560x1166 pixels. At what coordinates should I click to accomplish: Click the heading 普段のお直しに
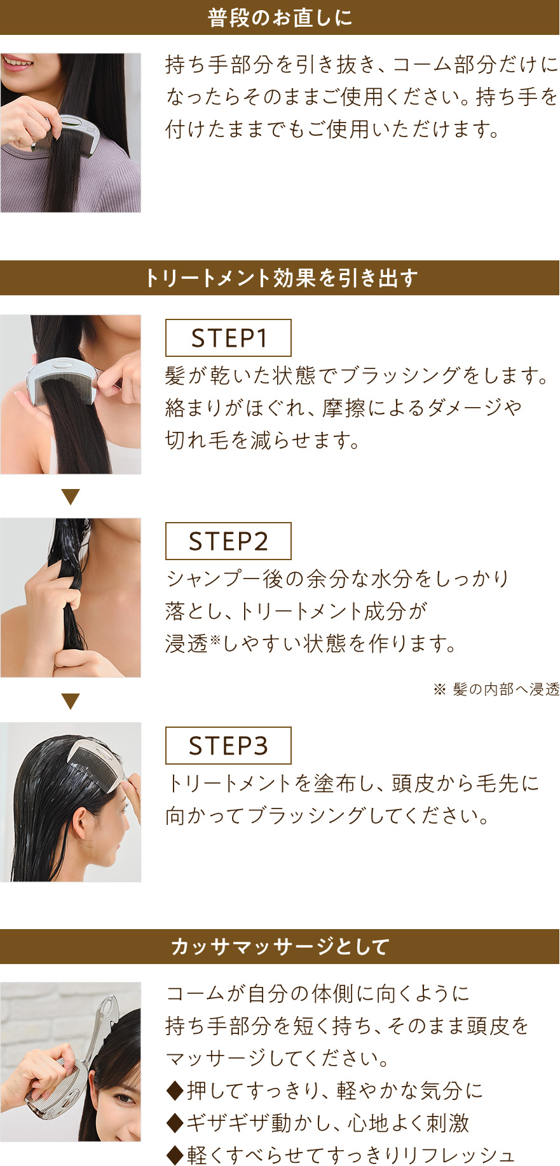click(280, 18)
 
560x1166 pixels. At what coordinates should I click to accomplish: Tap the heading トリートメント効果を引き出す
click(280, 278)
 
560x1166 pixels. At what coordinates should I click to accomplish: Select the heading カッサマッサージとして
click(280, 947)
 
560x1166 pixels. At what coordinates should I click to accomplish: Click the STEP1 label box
click(228, 338)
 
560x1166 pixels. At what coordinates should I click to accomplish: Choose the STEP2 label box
click(228, 541)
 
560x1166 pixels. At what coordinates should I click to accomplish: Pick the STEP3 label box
click(228, 746)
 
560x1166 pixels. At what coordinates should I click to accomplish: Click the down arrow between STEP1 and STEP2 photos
click(71, 497)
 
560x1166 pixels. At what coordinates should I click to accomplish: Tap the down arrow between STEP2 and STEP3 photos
click(71, 701)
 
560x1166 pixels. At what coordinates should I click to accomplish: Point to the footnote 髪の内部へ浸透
click(505, 690)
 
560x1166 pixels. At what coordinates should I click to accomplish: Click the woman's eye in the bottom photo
click(124, 1097)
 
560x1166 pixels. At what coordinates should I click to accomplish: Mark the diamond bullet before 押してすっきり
click(174, 1091)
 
